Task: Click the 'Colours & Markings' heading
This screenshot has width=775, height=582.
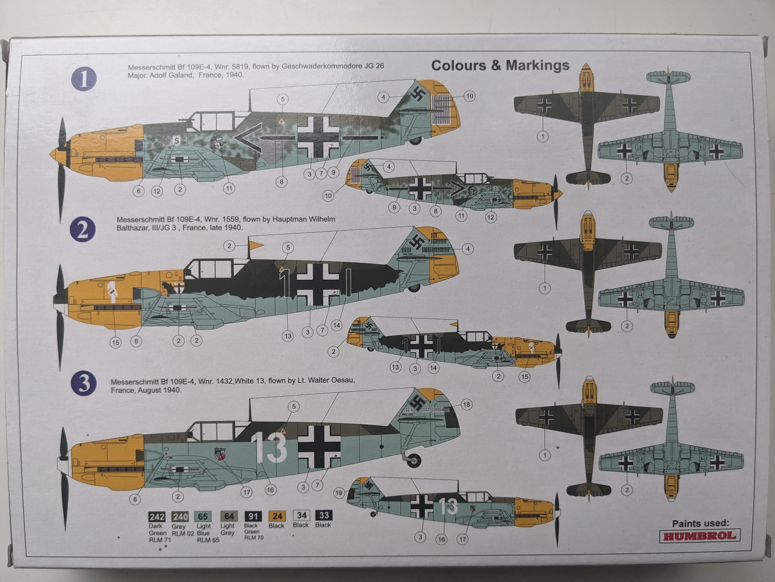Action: (500, 65)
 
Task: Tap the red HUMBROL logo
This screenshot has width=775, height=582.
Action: (700, 536)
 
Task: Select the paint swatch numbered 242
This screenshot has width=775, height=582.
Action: (157, 517)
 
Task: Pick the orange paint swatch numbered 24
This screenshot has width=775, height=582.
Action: (277, 516)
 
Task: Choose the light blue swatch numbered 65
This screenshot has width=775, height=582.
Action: (203, 517)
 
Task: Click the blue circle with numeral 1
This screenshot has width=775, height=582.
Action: (84, 78)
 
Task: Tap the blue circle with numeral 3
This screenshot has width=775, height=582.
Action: (84, 383)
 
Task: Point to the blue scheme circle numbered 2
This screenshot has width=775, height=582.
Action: (83, 230)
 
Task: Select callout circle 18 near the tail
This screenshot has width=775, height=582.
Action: (466, 405)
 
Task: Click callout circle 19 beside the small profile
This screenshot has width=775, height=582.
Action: (339, 493)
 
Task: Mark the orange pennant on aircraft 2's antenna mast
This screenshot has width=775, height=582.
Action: (256, 245)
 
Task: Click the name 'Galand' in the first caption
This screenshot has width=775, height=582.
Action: (177, 75)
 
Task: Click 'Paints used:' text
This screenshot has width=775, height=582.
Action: (700, 523)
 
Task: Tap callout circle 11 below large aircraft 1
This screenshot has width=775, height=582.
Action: (229, 188)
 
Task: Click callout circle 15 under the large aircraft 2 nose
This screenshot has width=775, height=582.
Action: (116, 343)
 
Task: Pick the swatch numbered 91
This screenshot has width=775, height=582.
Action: (253, 516)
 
